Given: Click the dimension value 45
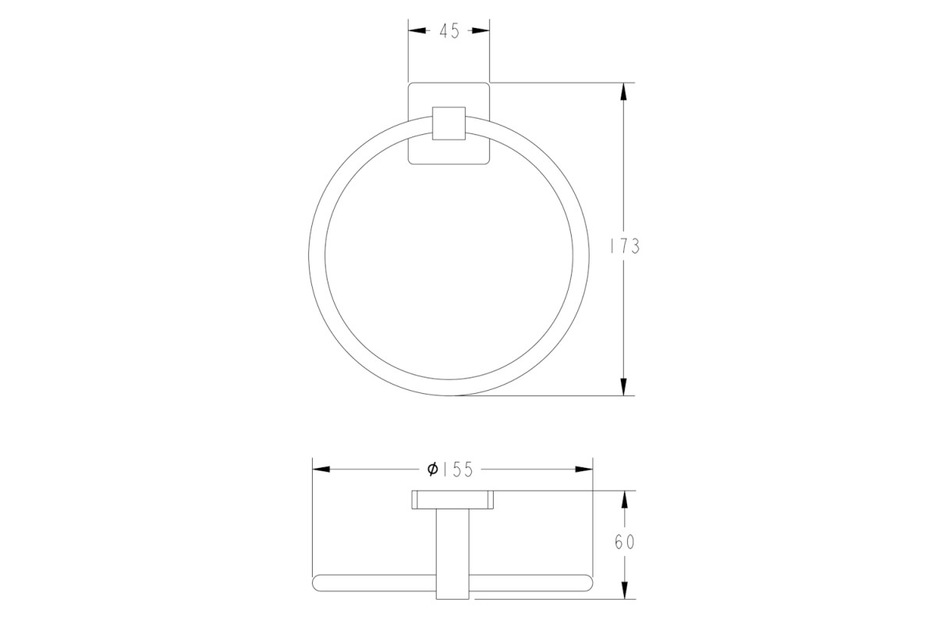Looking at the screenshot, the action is click(449, 31).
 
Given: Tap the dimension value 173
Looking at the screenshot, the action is click(625, 246).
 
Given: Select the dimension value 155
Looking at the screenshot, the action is click(458, 470).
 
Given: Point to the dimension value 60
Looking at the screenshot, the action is click(625, 542).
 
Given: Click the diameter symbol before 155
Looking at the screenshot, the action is click(433, 470).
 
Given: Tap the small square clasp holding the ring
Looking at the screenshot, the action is click(448, 123).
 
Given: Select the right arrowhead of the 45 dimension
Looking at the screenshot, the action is click(481, 30).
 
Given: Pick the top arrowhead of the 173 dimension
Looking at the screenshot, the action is click(623, 91).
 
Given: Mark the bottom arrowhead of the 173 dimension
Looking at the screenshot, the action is click(623, 387).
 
